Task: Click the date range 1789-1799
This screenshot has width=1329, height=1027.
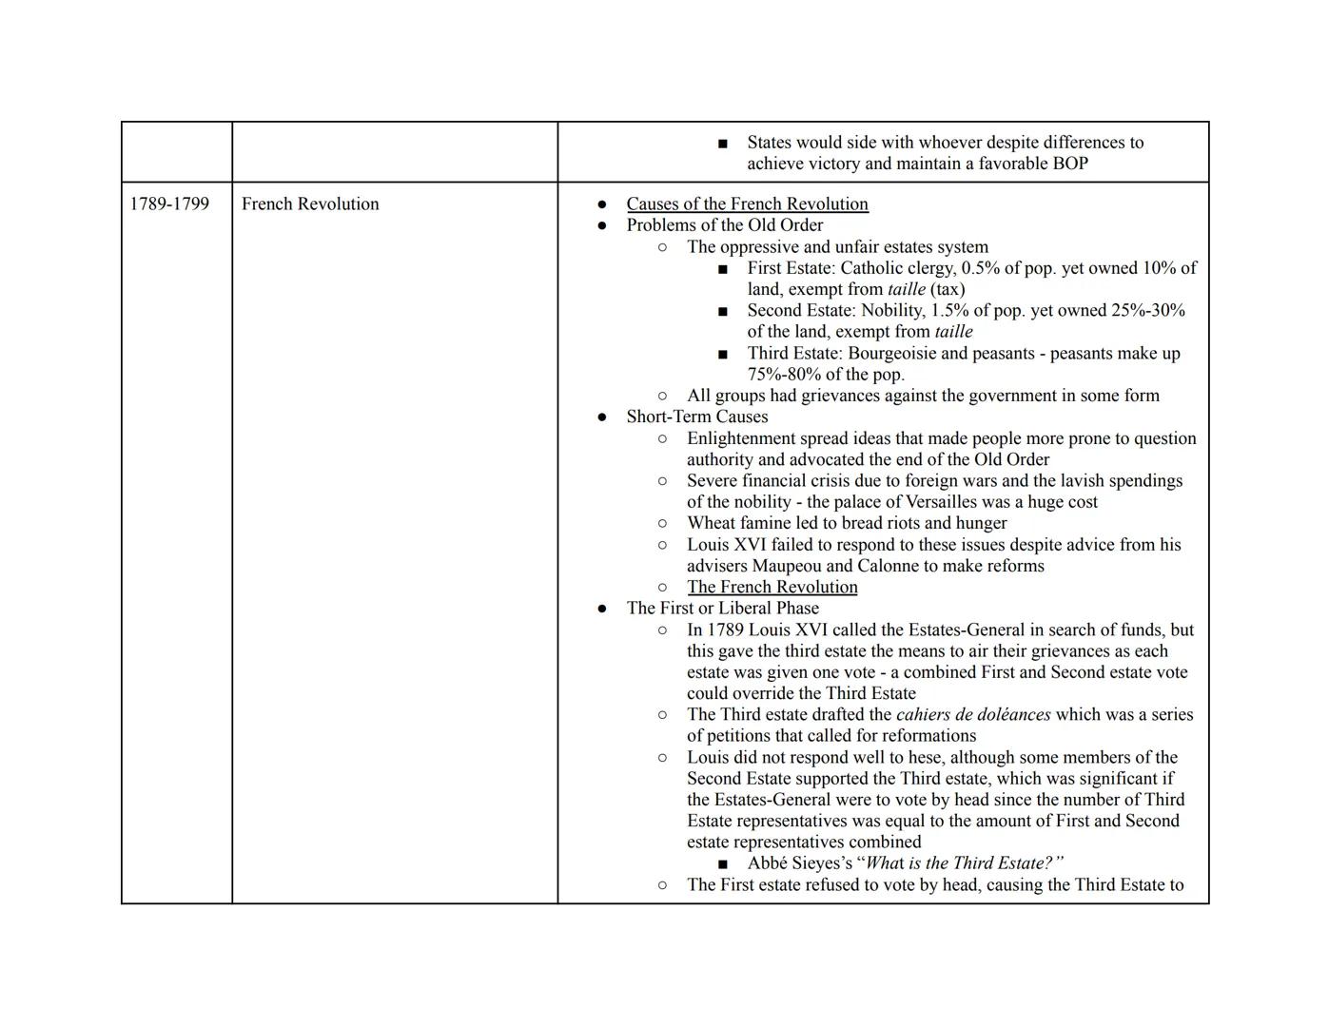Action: click(x=169, y=204)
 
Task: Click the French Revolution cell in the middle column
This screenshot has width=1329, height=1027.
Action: click(x=310, y=204)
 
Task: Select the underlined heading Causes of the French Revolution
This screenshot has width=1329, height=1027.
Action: click(x=747, y=204)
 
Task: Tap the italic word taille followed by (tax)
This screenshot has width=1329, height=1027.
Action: click(x=906, y=289)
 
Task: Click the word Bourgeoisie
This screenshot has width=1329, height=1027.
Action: click(x=905, y=354)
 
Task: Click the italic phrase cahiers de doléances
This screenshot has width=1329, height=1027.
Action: click(x=972, y=715)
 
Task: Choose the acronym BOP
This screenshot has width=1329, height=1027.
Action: click(x=1069, y=164)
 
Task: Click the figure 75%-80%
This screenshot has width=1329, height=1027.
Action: click(x=784, y=375)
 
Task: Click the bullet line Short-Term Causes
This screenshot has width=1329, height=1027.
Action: click(x=696, y=417)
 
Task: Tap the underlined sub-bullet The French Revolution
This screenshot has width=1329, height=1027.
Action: click(x=772, y=588)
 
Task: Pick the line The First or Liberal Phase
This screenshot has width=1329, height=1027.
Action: click(x=722, y=609)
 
